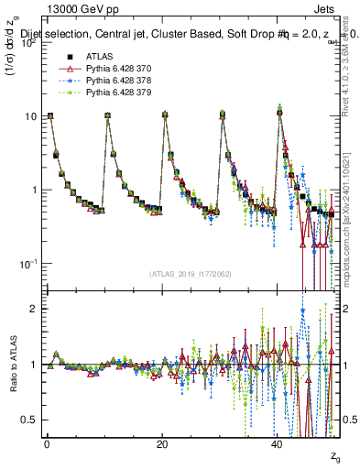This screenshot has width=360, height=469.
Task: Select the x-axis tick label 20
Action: click(162, 442)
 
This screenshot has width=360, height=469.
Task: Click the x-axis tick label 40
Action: click(278, 442)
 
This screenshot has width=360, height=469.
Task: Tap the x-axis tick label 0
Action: click(47, 442)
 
